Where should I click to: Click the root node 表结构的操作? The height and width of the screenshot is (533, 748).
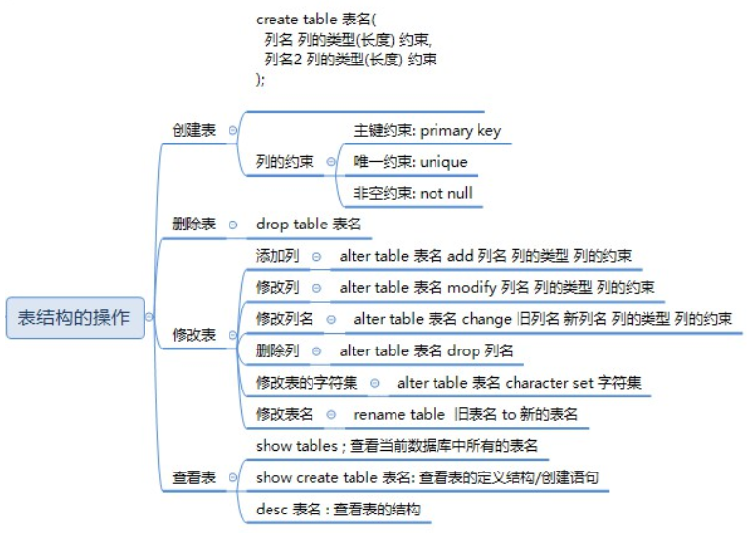[x=74, y=318]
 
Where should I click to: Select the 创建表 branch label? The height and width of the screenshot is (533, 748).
[x=193, y=130]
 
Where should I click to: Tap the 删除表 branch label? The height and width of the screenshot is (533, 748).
[x=193, y=224]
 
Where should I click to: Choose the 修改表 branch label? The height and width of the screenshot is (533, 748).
[x=193, y=334]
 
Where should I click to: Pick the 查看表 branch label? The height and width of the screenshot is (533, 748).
[x=193, y=477]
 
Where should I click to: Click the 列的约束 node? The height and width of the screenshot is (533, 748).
[x=284, y=162]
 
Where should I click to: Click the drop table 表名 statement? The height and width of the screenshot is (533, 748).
[x=309, y=224]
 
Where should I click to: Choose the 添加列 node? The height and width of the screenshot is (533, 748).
[x=277, y=256]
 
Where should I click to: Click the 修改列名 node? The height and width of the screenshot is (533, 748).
[x=284, y=319]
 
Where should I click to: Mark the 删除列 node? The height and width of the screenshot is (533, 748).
[x=277, y=350]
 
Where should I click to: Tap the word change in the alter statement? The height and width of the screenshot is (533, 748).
[x=487, y=319]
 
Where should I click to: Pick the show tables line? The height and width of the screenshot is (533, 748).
[x=395, y=446]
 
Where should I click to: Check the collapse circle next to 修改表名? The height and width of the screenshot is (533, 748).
[x=331, y=414]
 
